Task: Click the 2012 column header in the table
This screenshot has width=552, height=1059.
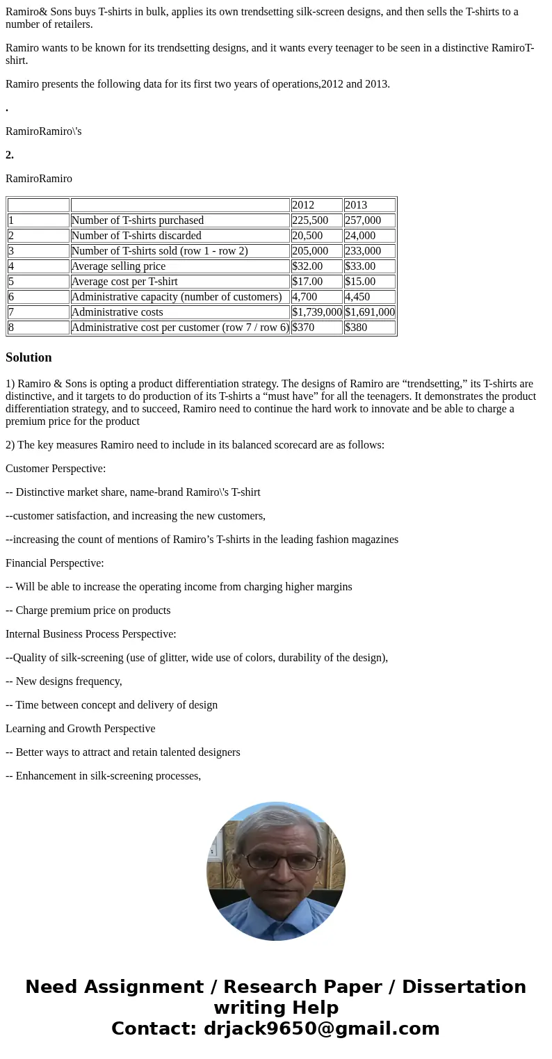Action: click(316, 205)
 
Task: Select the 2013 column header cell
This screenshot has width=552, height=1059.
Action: click(369, 205)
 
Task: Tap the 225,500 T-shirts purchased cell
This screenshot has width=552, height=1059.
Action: click(316, 220)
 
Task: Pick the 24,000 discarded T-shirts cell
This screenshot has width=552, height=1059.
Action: click(369, 236)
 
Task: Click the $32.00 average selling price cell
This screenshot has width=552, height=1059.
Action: click(316, 266)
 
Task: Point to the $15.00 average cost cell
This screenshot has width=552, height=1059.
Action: click(369, 282)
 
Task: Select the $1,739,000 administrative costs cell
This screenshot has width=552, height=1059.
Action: click(316, 312)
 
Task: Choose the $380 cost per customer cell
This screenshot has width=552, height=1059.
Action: click(369, 328)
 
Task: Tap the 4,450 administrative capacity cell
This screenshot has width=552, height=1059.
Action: click(369, 297)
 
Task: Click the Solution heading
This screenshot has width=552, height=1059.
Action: click(29, 357)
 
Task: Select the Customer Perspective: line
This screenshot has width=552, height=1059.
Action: click(56, 469)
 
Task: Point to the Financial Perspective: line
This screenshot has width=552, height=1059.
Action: click(55, 563)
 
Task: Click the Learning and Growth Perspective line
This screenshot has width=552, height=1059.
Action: click(81, 729)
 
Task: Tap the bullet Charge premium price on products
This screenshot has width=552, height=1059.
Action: click(88, 611)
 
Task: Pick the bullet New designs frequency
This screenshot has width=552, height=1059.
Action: click(64, 681)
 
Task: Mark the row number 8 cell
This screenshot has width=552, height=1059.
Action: click(38, 328)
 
